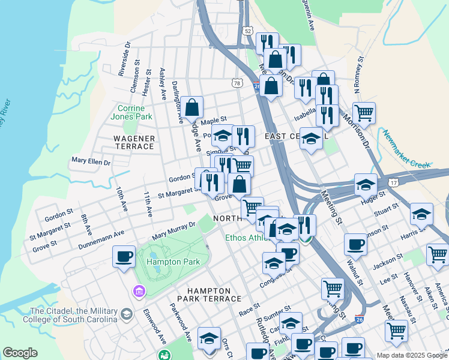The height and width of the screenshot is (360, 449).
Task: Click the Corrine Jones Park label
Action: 134,112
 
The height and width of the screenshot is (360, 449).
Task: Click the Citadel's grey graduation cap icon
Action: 127,314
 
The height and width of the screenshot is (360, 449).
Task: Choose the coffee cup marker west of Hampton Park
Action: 124,257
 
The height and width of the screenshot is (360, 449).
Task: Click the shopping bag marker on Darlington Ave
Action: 193,109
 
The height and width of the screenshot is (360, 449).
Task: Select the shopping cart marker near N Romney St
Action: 364,112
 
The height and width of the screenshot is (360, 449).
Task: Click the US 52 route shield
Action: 247,30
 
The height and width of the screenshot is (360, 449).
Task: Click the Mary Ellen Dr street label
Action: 91,161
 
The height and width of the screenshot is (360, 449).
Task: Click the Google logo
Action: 20,353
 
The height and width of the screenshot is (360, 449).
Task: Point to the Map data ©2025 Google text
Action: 411,355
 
